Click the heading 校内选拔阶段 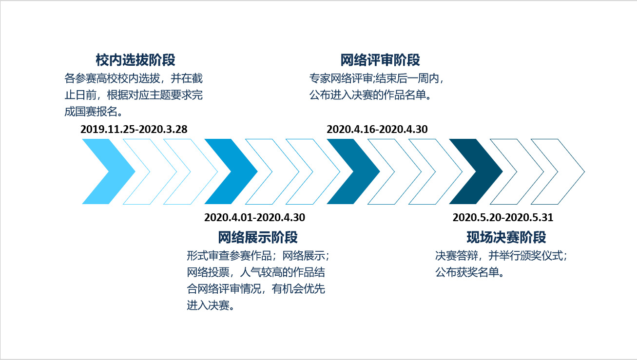point(135,60)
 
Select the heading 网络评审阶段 point(380,60)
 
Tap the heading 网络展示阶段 point(258,237)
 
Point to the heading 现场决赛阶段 point(506,237)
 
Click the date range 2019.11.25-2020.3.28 point(134,129)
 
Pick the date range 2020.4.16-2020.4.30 point(377,129)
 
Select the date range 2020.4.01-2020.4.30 point(254,217)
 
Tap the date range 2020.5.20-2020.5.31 point(503,217)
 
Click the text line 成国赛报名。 point(94,112)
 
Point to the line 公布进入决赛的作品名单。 point(370,95)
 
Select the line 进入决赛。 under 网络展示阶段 point(211,305)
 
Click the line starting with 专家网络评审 point(377,78)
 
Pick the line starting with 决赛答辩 point(501,256)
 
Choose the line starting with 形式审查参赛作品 point(258,256)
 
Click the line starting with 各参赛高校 point(134,78)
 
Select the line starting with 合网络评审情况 point(256,289)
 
